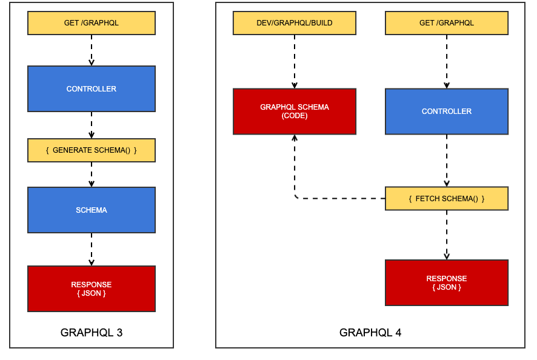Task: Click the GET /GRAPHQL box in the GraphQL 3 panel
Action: [x=92, y=23]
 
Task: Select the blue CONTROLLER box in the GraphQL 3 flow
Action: [x=92, y=88]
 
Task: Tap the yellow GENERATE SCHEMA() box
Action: [x=92, y=150]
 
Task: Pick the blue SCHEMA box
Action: [x=92, y=210]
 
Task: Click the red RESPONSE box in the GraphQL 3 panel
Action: [x=92, y=288]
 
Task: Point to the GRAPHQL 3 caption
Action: [x=92, y=333]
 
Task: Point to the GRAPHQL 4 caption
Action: [x=370, y=333]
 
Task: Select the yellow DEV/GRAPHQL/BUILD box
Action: [x=295, y=23]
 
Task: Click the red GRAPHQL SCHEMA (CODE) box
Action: [x=295, y=111]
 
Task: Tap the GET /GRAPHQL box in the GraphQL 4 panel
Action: [x=447, y=23]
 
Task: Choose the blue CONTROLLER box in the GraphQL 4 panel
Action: [x=447, y=112]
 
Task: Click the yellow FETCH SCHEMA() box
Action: [x=447, y=199]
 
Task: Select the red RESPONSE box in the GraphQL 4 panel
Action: [x=447, y=282]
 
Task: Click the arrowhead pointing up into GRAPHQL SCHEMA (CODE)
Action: [x=295, y=138]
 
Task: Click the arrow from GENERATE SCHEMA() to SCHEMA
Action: [x=92, y=175]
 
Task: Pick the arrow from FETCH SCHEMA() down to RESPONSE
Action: [x=447, y=235]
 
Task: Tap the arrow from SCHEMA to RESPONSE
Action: [x=92, y=250]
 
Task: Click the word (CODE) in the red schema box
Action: [x=295, y=116]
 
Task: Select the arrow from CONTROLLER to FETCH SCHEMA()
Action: [x=447, y=161]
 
